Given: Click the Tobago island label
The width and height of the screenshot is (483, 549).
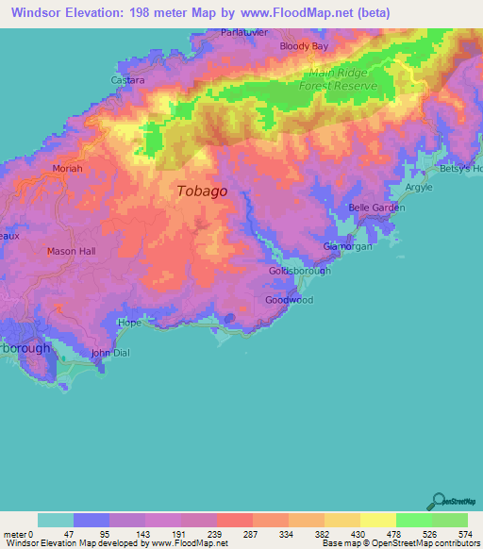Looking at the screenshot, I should pyautogui.click(x=202, y=191).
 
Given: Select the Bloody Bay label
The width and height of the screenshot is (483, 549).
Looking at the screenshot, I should pyautogui.click(x=305, y=45).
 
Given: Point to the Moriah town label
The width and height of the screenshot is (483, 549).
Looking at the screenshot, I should pyautogui.click(x=67, y=168).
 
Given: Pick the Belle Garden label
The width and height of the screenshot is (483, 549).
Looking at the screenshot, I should pyautogui.click(x=376, y=208).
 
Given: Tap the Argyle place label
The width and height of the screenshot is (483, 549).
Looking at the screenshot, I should pyautogui.click(x=419, y=187).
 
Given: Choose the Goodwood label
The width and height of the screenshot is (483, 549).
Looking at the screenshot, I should pyautogui.click(x=289, y=300).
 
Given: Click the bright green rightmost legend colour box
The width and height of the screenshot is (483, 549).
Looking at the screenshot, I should pyautogui.click(x=450, y=520).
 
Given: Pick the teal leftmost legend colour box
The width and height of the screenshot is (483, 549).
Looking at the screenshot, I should pyautogui.click(x=56, y=520).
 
